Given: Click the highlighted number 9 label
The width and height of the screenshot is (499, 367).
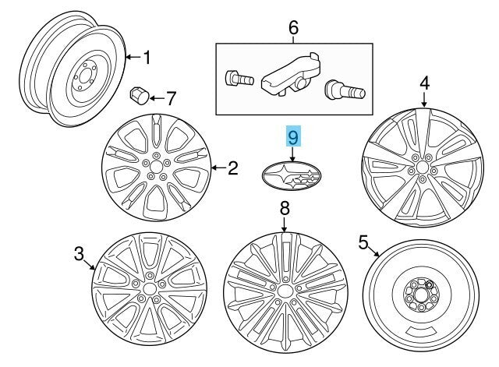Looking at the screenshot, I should pyautogui.click(x=293, y=139).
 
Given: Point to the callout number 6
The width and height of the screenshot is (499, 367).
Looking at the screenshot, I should pyautogui.click(x=294, y=29).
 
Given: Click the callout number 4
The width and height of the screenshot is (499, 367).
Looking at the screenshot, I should pyautogui.click(x=424, y=82).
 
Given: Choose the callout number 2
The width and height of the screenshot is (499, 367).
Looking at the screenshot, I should pyautogui.click(x=232, y=166).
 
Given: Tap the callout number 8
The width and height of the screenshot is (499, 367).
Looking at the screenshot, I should pyautogui.click(x=285, y=208).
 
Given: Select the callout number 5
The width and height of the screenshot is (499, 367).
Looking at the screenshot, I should pyautogui.click(x=363, y=243).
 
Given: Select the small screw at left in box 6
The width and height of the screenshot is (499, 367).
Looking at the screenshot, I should pyautogui.click(x=235, y=78).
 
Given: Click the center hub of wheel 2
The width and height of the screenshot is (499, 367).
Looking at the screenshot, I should pyautogui.click(x=157, y=167).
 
